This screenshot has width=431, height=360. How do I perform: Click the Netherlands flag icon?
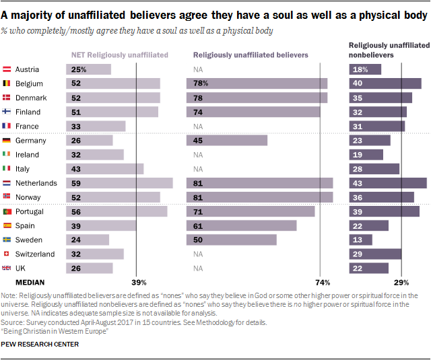(x=6, y=183)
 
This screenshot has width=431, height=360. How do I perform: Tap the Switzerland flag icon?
(x=6, y=254)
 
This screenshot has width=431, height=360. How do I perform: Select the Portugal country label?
(x=30, y=211)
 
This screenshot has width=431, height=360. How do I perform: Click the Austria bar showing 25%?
(x=88, y=69)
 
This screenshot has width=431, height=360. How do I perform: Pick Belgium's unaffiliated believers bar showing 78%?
(x=257, y=83)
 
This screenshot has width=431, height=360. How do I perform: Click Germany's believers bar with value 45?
(x=227, y=141)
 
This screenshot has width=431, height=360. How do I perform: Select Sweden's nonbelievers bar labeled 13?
(x=360, y=240)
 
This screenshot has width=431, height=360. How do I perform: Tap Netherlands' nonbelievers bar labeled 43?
(x=387, y=183)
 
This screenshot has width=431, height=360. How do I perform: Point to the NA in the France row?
(x=198, y=127)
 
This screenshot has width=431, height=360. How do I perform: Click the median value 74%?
(x=322, y=282)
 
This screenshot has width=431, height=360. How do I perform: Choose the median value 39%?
(x=139, y=282)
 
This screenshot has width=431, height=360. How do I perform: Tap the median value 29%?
(x=401, y=282)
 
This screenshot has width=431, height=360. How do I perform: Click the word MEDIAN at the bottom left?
(x=30, y=282)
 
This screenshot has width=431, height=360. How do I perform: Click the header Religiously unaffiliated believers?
(x=251, y=55)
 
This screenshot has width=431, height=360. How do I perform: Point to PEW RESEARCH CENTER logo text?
(x=40, y=345)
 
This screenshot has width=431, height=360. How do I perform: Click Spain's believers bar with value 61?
(x=241, y=225)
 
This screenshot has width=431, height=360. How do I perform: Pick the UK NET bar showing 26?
(x=89, y=268)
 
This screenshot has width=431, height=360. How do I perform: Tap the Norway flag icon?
(x=6, y=197)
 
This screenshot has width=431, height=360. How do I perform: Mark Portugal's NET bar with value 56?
(x=117, y=211)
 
